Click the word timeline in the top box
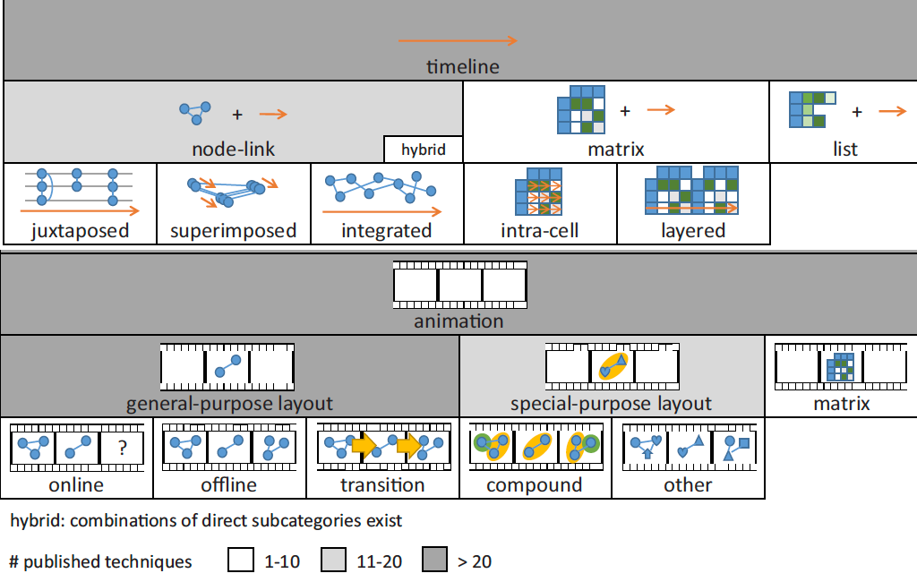click(462, 66)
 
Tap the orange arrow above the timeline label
click(458, 40)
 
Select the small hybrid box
click(424, 150)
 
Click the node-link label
click(233, 149)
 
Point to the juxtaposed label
click(79, 231)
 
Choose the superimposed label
click(233, 231)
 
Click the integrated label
click(386, 231)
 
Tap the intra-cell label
click(539, 231)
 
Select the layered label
click(693, 231)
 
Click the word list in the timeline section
click(844, 149)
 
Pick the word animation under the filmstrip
click(458, 321)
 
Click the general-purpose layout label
click(229, 403)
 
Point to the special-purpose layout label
click(611, 403)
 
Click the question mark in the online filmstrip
click(123, 447)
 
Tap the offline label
click(229, 485)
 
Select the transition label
click(382, 485)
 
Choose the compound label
click(535, 485)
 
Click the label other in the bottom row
click(688, 485)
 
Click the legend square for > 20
click(436, 561)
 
